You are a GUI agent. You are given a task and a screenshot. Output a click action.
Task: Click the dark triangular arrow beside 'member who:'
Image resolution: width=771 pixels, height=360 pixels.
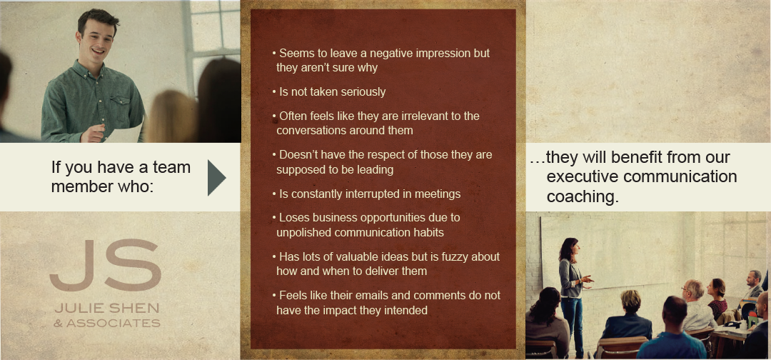pyautogui.click(x=216, y=178)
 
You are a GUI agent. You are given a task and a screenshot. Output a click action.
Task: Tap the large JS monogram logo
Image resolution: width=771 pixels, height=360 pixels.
pyautogui.click(x=105, y=265)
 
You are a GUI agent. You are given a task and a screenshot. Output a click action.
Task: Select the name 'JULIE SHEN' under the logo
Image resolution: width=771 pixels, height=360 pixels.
pyautogui.click(x=106, y=309)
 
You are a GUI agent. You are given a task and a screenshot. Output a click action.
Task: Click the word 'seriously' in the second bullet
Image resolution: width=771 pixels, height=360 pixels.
pyautogui.click(x=363, y=92)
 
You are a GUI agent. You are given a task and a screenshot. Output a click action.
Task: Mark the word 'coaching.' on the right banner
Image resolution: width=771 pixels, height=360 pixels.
pyautogui.click(x=583, y=196)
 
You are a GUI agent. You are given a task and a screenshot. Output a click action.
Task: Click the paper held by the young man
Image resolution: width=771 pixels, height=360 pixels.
pyautogui.click(x=125, y=132)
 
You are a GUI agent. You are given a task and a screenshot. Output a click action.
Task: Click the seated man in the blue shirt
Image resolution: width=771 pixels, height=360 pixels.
pyautogui.click(x=672, y=329)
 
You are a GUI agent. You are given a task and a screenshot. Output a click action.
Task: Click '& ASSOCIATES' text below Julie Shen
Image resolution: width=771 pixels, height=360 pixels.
pyautogui.click(x=107, y=323)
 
